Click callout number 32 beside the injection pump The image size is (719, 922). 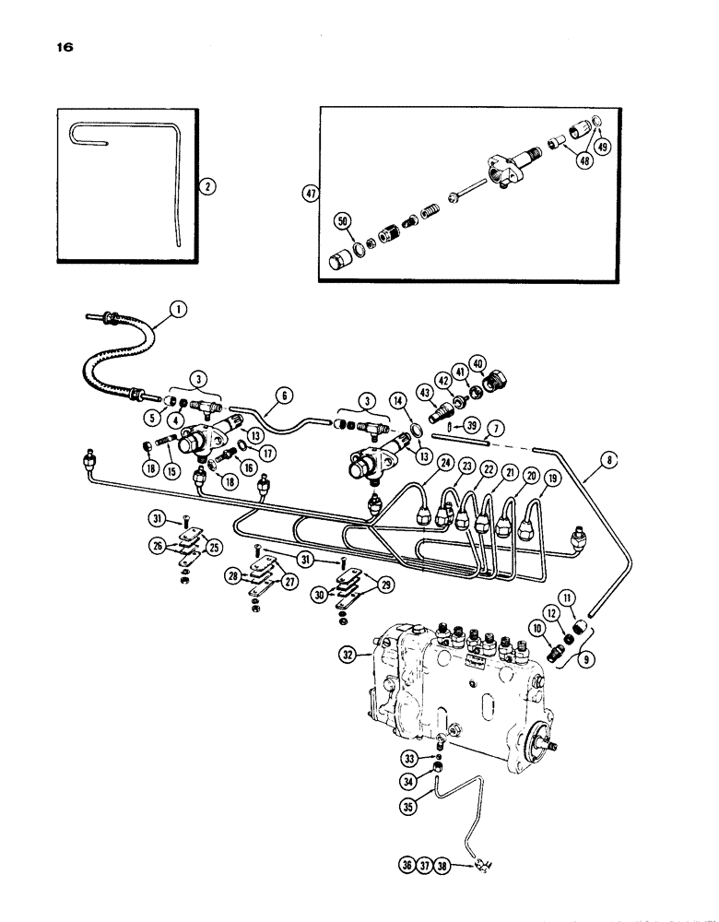pos(370,656)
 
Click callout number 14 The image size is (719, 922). pos(399,403)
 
